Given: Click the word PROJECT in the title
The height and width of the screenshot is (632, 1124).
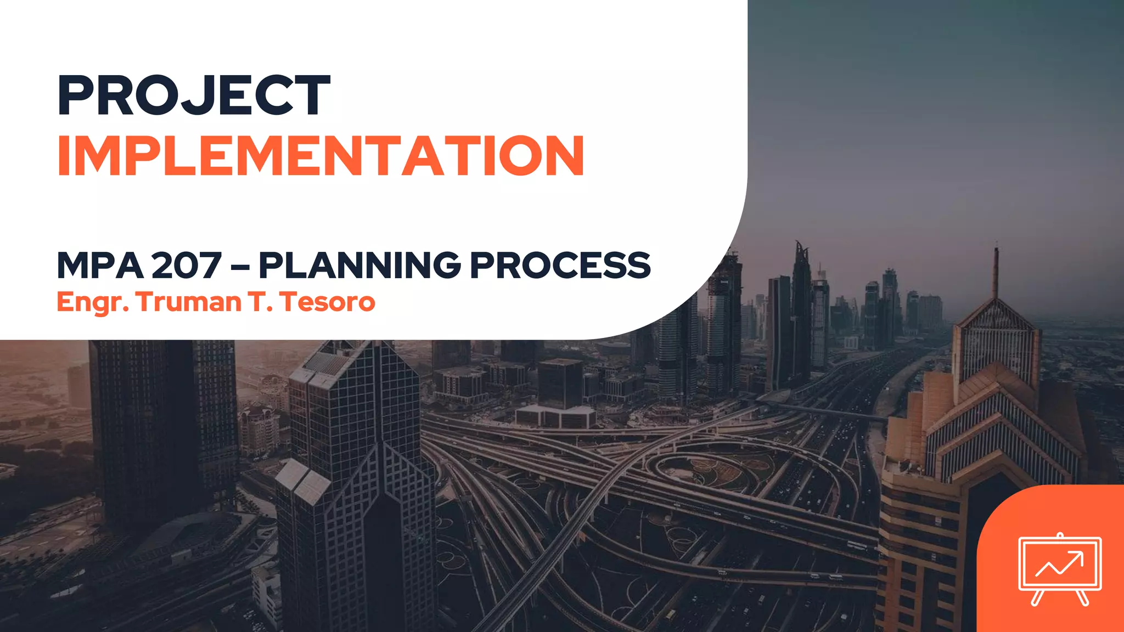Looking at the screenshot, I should (194, 96).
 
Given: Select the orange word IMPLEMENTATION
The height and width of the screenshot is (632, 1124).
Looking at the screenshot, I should (321, 156).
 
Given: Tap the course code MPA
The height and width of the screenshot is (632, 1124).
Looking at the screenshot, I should (100, 266).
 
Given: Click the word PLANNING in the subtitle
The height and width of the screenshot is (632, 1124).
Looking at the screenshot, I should (360, 266).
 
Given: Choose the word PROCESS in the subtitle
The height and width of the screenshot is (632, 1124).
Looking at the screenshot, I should (560, 266).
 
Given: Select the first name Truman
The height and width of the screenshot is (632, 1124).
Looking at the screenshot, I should (189, 302).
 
